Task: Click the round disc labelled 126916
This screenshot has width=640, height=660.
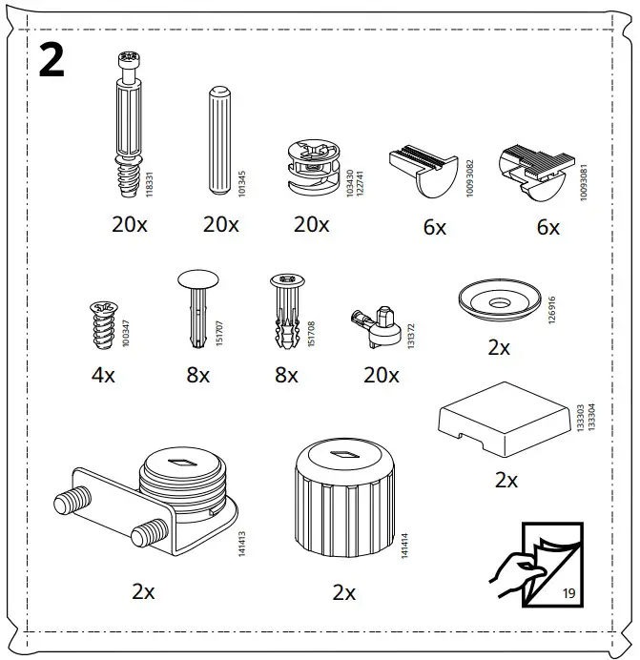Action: (x=496, y=302)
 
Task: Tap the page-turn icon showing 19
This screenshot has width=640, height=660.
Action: (x=540, y=564)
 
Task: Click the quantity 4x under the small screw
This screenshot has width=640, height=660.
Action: (x=103, y=375)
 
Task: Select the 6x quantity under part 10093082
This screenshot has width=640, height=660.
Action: (x=435, y=227)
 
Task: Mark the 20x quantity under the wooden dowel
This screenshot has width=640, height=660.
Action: (x=220, y=225)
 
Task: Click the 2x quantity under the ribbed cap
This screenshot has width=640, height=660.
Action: (x=344, y=592)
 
